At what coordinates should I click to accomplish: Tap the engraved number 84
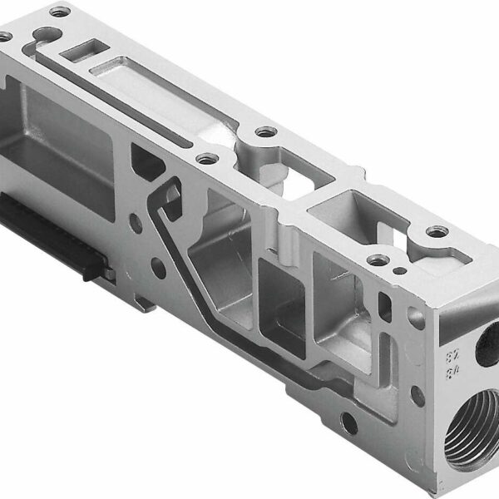coord(454,372)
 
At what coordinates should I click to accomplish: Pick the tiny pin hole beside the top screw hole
coord(400,270)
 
